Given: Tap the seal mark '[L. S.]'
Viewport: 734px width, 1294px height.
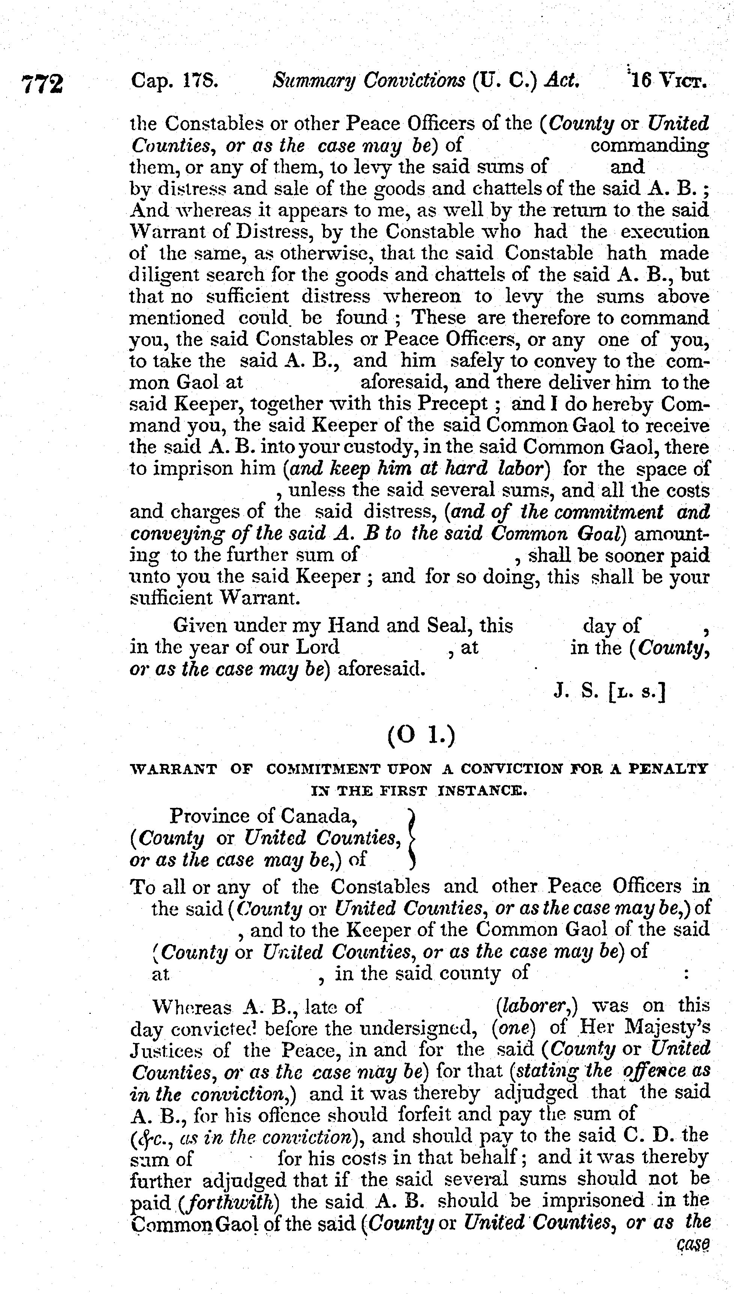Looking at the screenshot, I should pyautogui.click(x=637, y=693).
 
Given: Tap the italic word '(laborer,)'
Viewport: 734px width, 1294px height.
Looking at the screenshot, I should pyautogui.click(x=536, y=1006).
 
